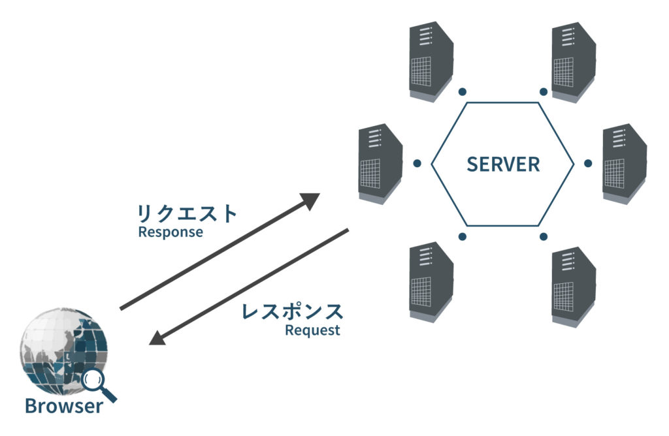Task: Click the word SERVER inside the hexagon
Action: click(x=503, y=164)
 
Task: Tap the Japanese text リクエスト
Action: click(x=187, y=213)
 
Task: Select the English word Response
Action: click(x=171, y=232)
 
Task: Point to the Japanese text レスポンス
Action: click(x=292, y=311)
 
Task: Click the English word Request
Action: click(x=312, y=330)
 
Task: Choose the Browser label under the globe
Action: click(x=63, y=406)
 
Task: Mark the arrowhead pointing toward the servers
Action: click(x=310, y=200)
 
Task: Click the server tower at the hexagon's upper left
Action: click(x=431, y=61)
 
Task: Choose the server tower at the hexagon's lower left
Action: click(x=431, y=281)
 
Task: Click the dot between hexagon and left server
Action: click(x=417, y=163)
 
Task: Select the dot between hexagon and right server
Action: click(x=588, y=163)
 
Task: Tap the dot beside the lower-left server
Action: click(x=463, y=236)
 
